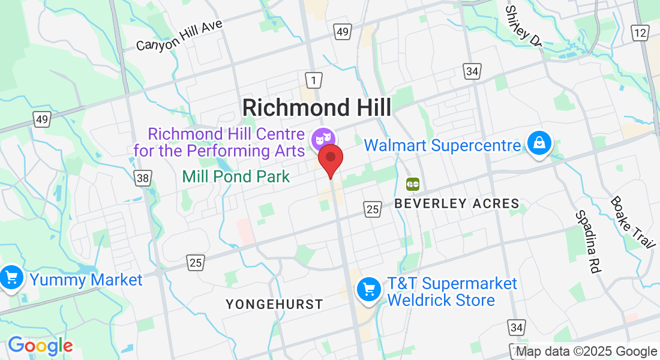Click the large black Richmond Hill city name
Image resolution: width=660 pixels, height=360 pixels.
(x=317, y=108)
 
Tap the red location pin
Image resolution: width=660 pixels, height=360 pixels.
(x=330, y=159)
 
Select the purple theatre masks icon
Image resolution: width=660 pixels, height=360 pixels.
(x=322, y=139)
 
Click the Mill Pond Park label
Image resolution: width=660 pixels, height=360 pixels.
(x=236, y=176)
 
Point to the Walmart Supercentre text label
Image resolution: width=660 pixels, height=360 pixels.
(x=442, y=145)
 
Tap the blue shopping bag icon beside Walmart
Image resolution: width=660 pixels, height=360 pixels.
(x=539, y=143)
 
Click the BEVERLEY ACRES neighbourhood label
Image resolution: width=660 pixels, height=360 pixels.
(x=457, y=204)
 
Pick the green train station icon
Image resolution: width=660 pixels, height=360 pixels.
(x=413, y=184)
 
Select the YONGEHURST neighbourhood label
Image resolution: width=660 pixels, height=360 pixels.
(x=274, y=305)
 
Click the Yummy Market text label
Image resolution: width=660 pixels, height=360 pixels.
(x=86, y=280)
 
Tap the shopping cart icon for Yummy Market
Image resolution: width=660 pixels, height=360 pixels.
(x=11, y=278)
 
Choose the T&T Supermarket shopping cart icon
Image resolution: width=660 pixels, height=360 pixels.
(x=368, y=290)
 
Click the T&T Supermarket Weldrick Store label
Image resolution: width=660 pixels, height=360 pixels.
(x=451, y=292)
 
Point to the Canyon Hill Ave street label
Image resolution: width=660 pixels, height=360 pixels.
(x=179, y=35)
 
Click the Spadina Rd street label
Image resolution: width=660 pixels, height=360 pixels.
(x=588, y=242)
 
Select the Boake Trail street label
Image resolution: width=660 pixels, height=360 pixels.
(x=632, y=222)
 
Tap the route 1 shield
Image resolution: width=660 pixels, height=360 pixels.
(x=313, y=79)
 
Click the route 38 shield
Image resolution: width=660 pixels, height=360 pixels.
(x=143, y=178)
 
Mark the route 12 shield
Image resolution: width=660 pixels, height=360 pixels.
(x=640, y=32)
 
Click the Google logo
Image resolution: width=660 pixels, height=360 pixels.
(x=40, y=346)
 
